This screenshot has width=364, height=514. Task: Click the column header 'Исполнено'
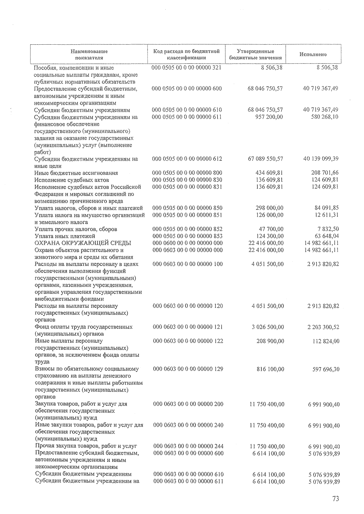click(x=313, y=55)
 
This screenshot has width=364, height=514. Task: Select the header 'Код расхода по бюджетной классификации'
click(x=186, y=54)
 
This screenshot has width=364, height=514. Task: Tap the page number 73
click(x=335, y=499)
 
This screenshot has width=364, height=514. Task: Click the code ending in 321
click(x=187, y=67)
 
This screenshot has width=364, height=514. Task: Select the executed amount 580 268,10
click(x=324, y=117)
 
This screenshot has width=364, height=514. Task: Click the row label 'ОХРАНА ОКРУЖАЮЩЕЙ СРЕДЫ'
click(x=83, y=243)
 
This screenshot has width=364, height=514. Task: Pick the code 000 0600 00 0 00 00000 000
click(x=188, y=243)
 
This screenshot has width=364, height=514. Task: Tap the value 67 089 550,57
click(x=265, y=159)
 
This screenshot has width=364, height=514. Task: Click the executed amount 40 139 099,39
click(x=321, y=159)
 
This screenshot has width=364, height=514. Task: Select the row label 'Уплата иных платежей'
click(x=65, y=236)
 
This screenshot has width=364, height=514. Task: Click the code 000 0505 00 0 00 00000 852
click(x=187, y=229)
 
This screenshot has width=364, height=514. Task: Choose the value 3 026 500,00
click(x=268, y=327)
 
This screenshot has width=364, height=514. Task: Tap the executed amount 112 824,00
click(x=326, y=341)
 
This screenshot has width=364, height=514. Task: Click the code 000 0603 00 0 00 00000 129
click(x=188, y=369)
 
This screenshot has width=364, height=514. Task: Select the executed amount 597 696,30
click(x=326, y=369)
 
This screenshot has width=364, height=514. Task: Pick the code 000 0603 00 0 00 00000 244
click(x=188, y=446)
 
